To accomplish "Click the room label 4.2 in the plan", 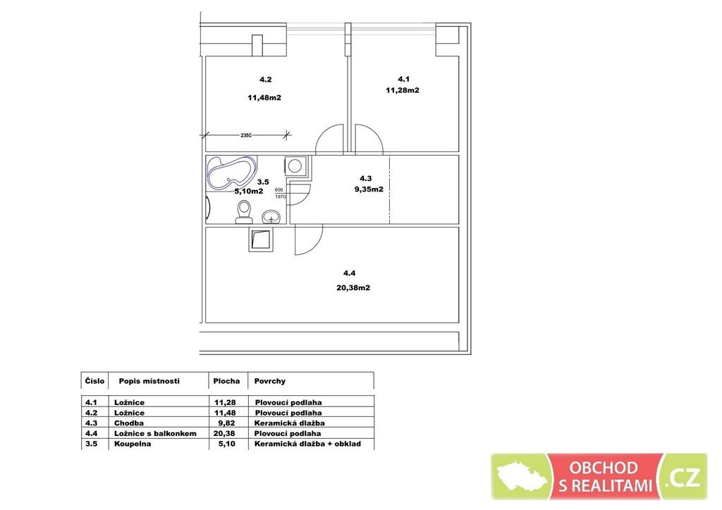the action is [x=266, y=80].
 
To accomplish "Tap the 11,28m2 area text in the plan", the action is [x=403, y=90].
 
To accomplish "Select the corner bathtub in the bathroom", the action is [x=231, y=173].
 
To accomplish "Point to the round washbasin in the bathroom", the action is [x=271, y=216].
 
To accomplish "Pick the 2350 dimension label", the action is [x=246, y=135].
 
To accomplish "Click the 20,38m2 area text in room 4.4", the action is [x=353, y=288].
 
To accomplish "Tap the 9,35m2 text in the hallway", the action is [x=369, y=189].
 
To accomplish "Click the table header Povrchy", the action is [x=270, y=381].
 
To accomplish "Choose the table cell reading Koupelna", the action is [x=133, y=444].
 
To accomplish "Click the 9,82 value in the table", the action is [x=226, y=423].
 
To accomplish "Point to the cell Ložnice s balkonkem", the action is [x=155, y=433].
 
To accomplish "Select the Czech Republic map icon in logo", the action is [x=521, y=476].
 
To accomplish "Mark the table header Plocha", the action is [x=226, y=381].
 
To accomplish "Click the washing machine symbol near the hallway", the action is [x=295, y=165].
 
